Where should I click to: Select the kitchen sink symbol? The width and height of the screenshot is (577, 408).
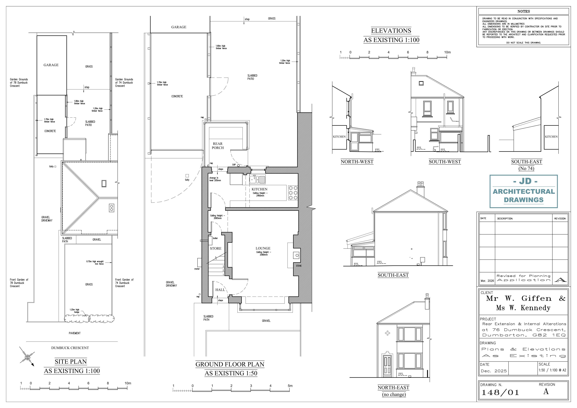click(257, 179)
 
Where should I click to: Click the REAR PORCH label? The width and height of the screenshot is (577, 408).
click(218, 146)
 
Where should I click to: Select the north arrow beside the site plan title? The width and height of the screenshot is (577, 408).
click(27, 356)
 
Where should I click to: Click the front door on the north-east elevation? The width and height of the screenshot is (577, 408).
click(387, 365)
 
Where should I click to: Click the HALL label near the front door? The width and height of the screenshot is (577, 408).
click(220, 290)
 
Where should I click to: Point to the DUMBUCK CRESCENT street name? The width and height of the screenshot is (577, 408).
click(70, 348)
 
